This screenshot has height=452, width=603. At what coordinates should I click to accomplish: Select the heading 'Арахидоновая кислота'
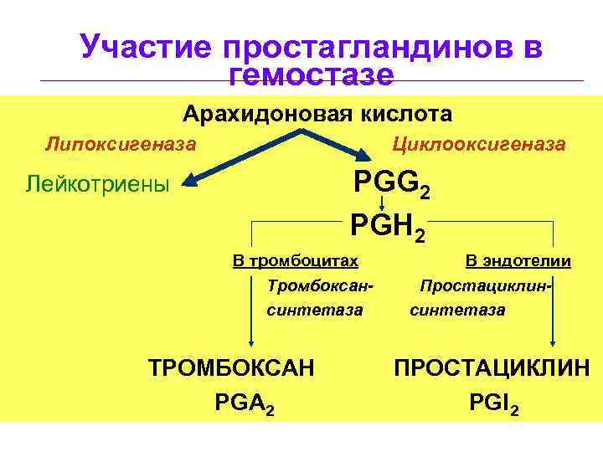point(317,113)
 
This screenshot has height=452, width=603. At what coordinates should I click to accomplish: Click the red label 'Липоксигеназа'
point(121,144)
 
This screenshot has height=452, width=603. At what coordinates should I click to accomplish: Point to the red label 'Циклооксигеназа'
point(479,144)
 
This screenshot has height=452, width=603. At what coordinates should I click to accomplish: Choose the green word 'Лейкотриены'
point(98,182)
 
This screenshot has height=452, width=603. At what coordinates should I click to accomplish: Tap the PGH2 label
point(387,226)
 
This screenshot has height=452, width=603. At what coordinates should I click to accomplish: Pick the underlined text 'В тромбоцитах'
point(295,260)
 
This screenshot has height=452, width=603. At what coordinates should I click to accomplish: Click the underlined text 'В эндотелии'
point(518,261)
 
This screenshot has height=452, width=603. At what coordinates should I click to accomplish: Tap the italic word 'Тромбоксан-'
point(319,285)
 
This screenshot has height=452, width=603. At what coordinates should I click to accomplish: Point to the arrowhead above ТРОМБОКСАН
point(251,339)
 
